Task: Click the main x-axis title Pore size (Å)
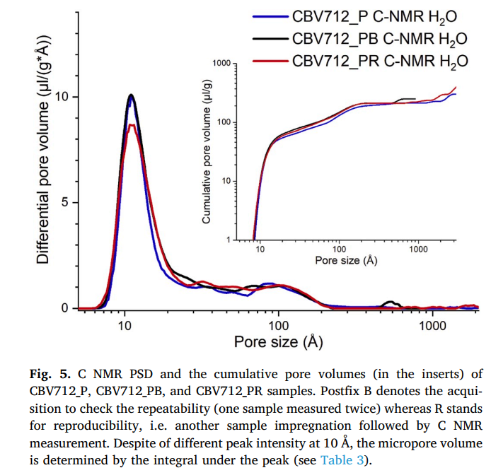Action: point(279,343)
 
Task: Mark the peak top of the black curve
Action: point(131,95)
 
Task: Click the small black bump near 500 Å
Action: point(388,303)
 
